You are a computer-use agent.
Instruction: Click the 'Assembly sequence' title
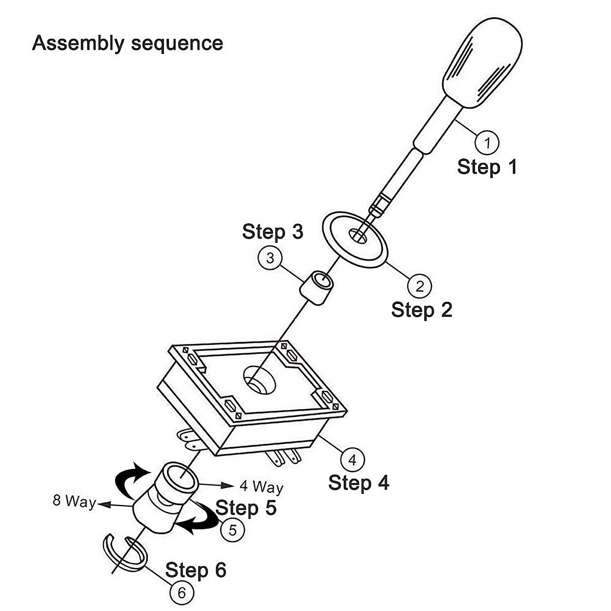(x=127, y=43)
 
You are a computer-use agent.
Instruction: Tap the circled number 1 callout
(x=487, y=143)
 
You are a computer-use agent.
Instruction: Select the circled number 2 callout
(x=420, y=286)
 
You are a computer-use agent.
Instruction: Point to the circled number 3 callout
(x=270, y=258)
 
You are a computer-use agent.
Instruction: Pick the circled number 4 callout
(x=352, y=459)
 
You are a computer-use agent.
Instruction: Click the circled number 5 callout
(x=232, y=530)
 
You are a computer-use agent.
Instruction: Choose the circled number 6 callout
(x=182, y=593)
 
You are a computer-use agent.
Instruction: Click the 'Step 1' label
(x=487, y=167)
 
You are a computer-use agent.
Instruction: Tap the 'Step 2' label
(x=422, y=310)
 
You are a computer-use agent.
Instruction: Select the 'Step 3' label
(x=273, y=232)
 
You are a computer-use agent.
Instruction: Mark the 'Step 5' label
(x=246, y=507)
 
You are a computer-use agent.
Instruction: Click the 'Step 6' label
(x=196, y=570)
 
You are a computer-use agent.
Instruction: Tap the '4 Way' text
(x=261, y=487)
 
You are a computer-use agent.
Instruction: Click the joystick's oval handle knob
(x=482, y=63)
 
